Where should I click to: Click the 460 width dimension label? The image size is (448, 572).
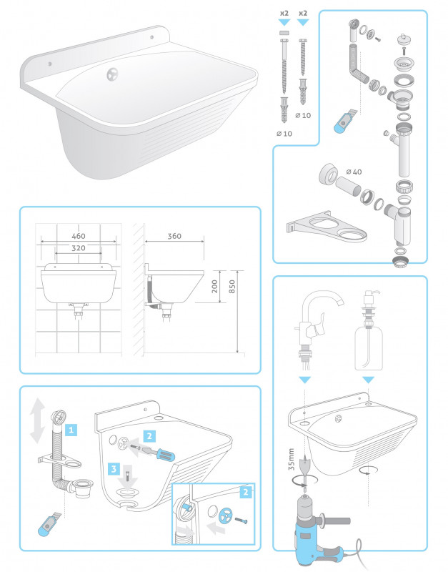coord(79,236)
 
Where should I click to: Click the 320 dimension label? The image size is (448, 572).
coord(79,248)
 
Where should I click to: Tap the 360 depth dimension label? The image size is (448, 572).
coord(174,236)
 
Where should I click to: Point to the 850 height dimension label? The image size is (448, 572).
coord(232,287)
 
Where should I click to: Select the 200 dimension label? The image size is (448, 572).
coord(214,287)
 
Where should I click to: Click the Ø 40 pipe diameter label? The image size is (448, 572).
coord(354,172)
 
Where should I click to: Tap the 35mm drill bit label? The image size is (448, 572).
coord(291,459)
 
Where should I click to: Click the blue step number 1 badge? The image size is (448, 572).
coord(71,430)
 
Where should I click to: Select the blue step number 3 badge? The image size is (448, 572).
coord(114,468)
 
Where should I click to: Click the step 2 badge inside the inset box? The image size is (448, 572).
coord(246,492)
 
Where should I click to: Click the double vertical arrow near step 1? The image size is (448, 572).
coord(37,420)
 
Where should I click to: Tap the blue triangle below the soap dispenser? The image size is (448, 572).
coord(369,380)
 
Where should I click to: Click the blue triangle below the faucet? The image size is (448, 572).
coord(305,380)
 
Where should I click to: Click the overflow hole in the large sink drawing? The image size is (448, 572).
coord(113,74)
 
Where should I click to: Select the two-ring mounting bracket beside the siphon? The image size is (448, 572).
coord(327,227)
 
